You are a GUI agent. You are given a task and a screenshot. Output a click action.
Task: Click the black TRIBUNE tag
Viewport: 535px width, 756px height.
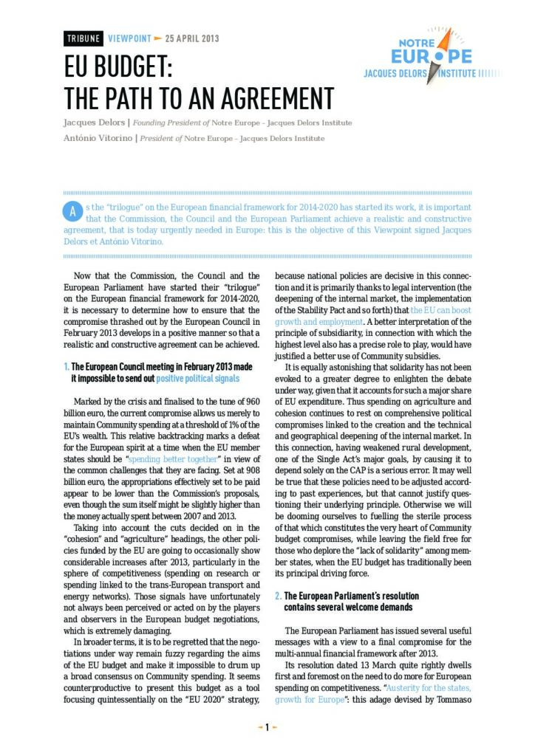coord(84,38)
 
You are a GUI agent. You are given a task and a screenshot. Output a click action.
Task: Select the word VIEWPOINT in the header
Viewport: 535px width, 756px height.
coord(129,38)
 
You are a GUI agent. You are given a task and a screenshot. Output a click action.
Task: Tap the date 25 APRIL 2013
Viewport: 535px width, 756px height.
coord(192,38)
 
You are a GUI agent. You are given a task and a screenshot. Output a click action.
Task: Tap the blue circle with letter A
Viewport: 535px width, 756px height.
coord(72,211)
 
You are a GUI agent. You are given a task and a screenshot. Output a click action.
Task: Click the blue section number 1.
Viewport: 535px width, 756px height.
coord(67,367)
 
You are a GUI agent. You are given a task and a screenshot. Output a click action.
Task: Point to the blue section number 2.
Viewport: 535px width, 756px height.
coord(278,596)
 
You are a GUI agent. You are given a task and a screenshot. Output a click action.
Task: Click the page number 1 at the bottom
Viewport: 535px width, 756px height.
coord(267,727)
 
